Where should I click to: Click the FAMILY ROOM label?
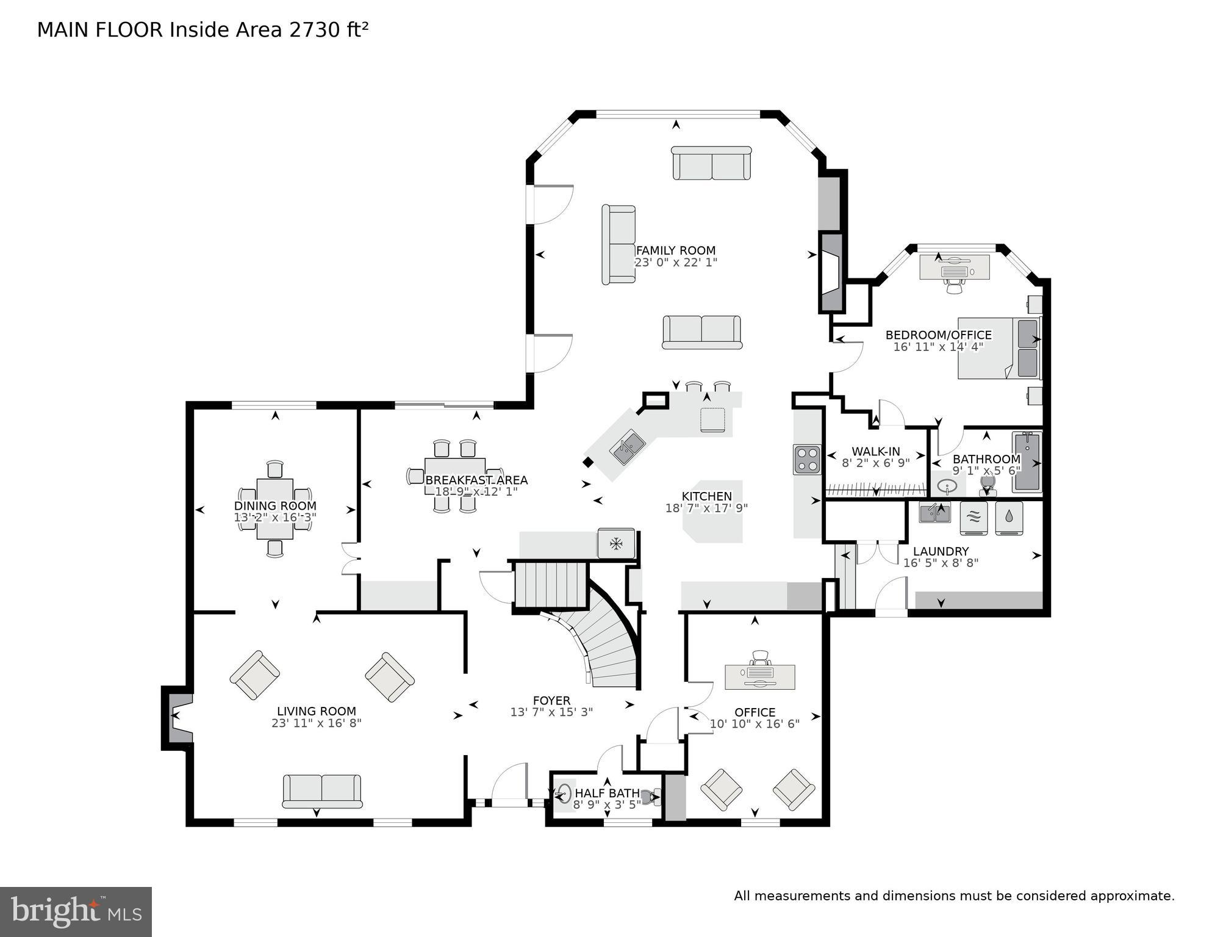coord(675,250)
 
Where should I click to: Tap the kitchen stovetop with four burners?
coord(807,460)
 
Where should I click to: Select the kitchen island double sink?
coord(628,447)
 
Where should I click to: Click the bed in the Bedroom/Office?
coord(999,348)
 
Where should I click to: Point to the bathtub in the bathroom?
coord(1027,461)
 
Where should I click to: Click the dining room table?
coord(275,508)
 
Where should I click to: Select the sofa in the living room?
coord(322,791)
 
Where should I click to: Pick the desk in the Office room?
coord(759,676)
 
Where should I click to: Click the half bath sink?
coord(565,794)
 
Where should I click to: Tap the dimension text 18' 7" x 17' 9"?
coord(706,508)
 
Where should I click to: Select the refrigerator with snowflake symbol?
coord(616,543)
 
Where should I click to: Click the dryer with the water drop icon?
coord(1009,518)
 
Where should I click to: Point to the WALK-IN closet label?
coord(875,452)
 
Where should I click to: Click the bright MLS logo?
coord(76,912)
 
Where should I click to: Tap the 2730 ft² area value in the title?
coord(329,30)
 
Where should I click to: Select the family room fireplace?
coord(831,272)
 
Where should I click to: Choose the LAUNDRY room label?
coord(940,551)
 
